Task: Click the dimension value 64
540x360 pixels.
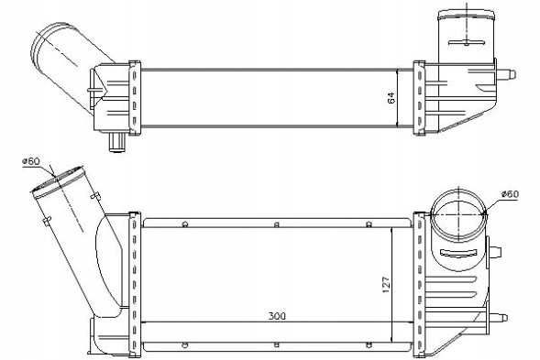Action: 391,98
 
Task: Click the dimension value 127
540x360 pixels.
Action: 386,284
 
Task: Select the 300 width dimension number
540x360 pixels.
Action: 277,316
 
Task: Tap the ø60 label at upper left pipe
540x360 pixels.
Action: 31,160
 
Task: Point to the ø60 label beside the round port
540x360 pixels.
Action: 510,194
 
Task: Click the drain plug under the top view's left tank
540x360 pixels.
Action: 117,142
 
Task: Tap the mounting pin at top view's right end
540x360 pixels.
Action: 507,75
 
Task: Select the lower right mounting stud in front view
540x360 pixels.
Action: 498,317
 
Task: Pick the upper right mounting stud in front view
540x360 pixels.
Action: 495,251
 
